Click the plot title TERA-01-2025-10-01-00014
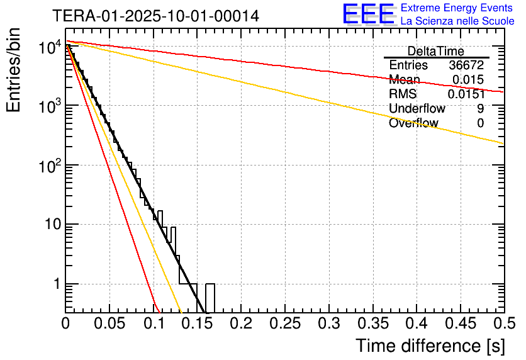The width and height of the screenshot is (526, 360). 155,16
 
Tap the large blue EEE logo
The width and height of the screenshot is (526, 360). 369,14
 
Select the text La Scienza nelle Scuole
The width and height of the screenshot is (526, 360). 457,21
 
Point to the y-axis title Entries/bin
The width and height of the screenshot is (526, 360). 14,71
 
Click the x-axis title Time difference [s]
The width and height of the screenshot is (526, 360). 430,346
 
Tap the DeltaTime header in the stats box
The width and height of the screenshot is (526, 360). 436,51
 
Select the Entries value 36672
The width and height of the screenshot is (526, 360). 466,65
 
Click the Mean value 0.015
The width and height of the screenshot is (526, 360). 468,80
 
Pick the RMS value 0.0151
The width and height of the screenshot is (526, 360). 466,94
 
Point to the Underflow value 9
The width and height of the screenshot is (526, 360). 480,109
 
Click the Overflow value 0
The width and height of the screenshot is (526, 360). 480,123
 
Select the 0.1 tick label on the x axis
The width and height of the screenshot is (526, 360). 153,323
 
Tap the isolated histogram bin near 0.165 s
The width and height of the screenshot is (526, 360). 210,297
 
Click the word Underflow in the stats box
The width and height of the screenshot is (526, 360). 417,109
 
